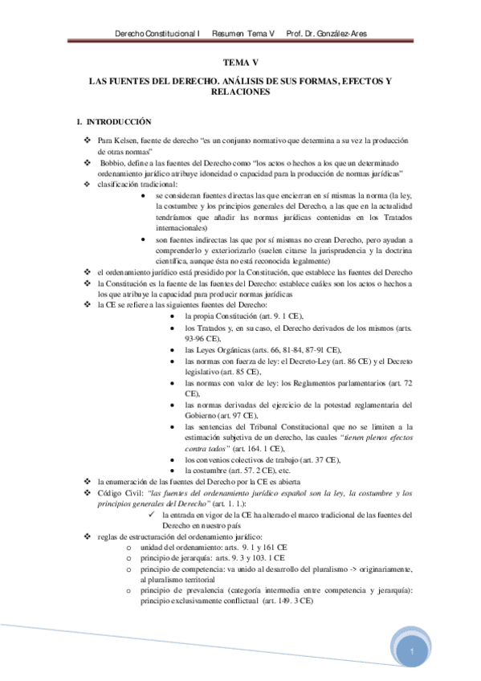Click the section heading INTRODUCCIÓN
120,122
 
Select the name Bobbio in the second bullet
114,162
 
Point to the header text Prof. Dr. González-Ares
327,35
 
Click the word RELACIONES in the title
241,92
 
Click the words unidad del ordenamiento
185,546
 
